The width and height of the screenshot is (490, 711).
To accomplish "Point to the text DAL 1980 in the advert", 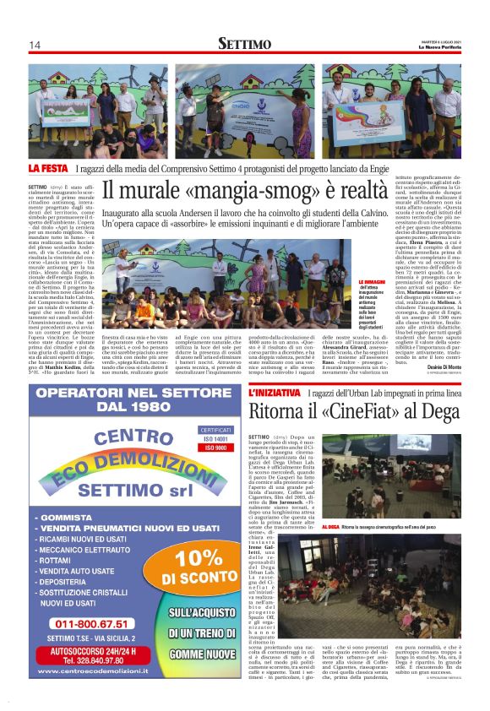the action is [x=125, y=409].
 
